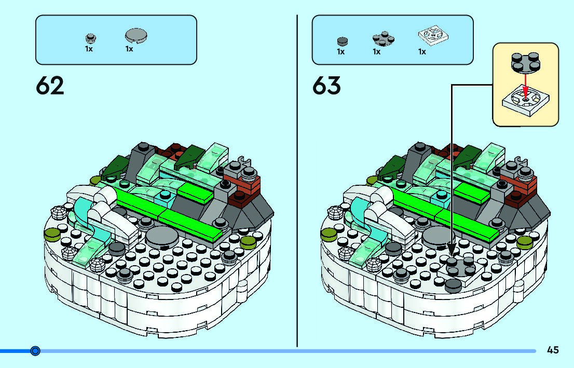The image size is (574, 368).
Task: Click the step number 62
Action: [50, 86]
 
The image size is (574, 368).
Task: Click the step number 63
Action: [326, 86]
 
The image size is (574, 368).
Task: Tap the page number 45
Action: [553, 350]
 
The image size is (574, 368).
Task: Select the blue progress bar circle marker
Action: [35, 351]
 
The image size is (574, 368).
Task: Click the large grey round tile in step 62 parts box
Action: [136, 35]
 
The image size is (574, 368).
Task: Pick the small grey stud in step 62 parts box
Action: [90, 37]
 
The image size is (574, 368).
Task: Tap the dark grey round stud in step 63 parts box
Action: [342, 40]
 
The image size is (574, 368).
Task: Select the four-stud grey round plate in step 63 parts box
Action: [382, 39]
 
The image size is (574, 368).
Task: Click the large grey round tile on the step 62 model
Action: [161, 237]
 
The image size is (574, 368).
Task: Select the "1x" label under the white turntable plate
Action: [422, 52]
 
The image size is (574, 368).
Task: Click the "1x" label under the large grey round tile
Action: [129, 49]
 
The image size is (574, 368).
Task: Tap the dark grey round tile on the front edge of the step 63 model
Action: [453, 283]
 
